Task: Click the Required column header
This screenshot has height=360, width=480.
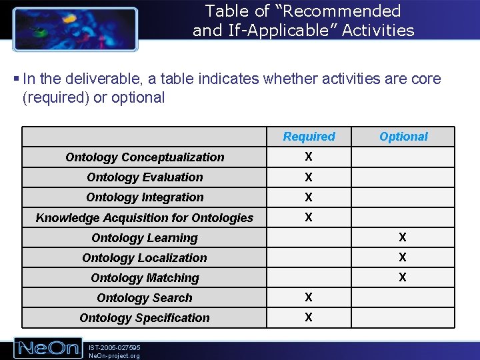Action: pos(309,137)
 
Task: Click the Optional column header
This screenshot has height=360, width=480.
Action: pos(403,137)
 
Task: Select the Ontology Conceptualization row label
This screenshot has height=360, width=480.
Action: pos(145,157)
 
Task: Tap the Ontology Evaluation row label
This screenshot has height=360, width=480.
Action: pos(145,177)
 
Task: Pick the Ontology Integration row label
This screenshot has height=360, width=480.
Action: pos(145,197)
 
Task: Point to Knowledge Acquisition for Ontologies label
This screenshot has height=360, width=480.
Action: pos(145,218)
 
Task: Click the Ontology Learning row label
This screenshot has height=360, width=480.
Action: pos(145,238)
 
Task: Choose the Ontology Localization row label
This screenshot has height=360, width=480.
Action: pos(145,258)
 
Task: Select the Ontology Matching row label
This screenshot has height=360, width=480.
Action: pos(145,278)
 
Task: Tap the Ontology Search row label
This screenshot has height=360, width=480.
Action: pos(145,298)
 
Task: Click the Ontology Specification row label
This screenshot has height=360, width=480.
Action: pos(145,318)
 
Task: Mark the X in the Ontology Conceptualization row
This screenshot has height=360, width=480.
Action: pos(309,157)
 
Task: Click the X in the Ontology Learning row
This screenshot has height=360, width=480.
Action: pos(403,237)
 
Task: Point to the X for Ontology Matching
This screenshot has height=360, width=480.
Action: pos(403,277)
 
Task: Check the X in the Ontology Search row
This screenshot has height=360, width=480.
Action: pos(309,297)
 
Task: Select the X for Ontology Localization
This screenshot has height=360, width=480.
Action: pos(403,257)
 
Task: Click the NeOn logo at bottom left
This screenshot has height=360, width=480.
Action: pos(48,348)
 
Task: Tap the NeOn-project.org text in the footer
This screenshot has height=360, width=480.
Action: pos(114,356)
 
